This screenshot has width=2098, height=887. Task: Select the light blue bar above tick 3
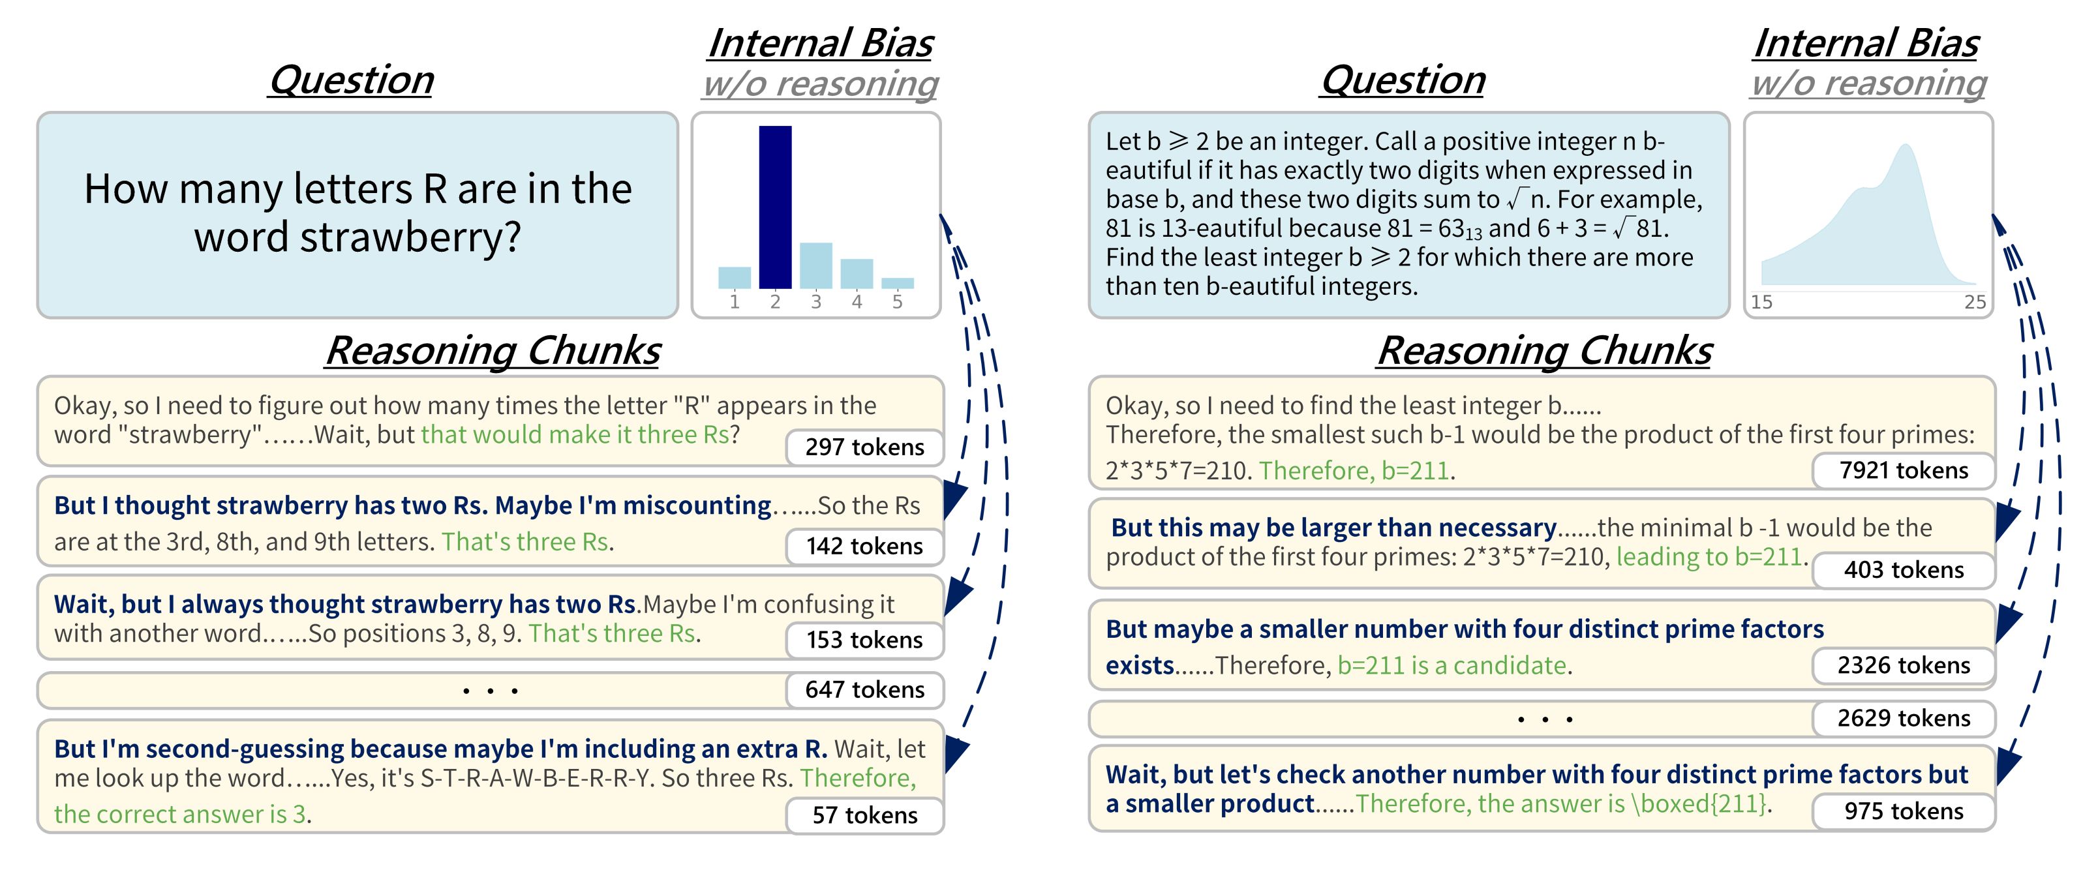coord(815,265)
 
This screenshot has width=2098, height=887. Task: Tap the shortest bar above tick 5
coord(897,284)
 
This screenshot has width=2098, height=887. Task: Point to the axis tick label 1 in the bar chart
coord(735,302)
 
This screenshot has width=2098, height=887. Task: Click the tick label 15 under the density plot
coord(1761,302)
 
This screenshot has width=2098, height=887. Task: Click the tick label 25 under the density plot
coord(1975,302)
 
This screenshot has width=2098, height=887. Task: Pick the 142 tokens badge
coord(864,547)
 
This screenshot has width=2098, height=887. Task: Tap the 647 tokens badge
coord(864,690)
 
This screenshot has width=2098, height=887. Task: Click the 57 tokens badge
coord(864,815)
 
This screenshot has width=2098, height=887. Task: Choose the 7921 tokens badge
coord(1904,471)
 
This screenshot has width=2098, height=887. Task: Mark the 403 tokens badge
coord(1904,570)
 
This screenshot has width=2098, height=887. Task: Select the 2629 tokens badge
coord(1904,718)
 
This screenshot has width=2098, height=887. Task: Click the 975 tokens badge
coord(1904,811)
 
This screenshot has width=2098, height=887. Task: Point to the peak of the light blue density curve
coord(1905,145)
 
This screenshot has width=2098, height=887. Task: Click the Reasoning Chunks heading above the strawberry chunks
coord(493,351)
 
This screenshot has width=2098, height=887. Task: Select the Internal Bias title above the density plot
coord(1866,43)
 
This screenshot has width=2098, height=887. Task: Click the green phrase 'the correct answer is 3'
coord(180,815)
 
